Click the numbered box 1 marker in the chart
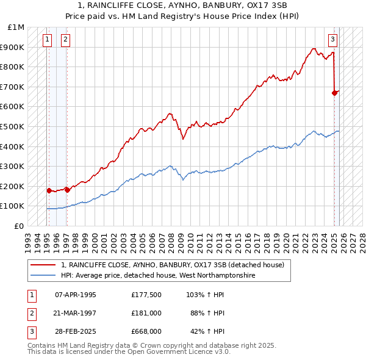(x=48, y=40)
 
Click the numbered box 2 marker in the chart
(x=65, y=40)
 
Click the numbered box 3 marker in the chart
(x=333, y=40)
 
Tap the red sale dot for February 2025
(x=334, y=93)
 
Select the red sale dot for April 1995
(x=49, y=190)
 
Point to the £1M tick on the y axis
(x=16, y=27)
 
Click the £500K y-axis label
(x=13, y=126)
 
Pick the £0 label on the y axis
(x=20, y=226)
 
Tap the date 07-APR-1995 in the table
(x=75, y=295)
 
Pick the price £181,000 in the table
(x=146, y=313)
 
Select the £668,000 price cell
(x=146, y=331)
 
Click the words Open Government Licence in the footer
(x=177, y=352)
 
